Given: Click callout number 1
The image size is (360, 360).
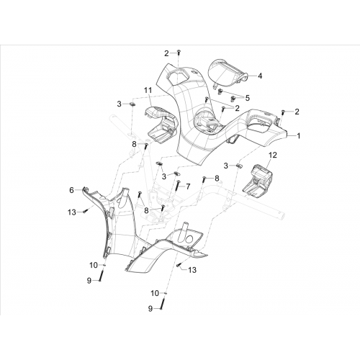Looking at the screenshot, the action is pos(299,136).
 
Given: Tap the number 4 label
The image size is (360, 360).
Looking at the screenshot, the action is pos(260,76).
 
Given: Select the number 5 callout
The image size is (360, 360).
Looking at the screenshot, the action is pos(248,98).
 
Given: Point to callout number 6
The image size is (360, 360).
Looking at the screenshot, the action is pos(71,190).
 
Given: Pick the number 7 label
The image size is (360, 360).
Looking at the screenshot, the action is pos(188,186).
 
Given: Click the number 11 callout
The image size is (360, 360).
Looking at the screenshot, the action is pos(148,91).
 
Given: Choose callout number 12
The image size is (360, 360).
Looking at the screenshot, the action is pos(273,155).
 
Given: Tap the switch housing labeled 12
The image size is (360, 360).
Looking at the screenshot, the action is pos(257,181).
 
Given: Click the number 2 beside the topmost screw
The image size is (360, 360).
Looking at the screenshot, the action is pos(166,53).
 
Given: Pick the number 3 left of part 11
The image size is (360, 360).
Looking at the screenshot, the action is pos(120,104).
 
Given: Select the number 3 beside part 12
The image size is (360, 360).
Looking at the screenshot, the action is pos(226,166).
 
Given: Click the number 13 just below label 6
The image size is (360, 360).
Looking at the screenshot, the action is pos(72,212).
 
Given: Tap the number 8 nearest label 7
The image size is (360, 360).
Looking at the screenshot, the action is pos(217,178).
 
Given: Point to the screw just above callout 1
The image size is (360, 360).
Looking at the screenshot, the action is pos(283,112).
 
